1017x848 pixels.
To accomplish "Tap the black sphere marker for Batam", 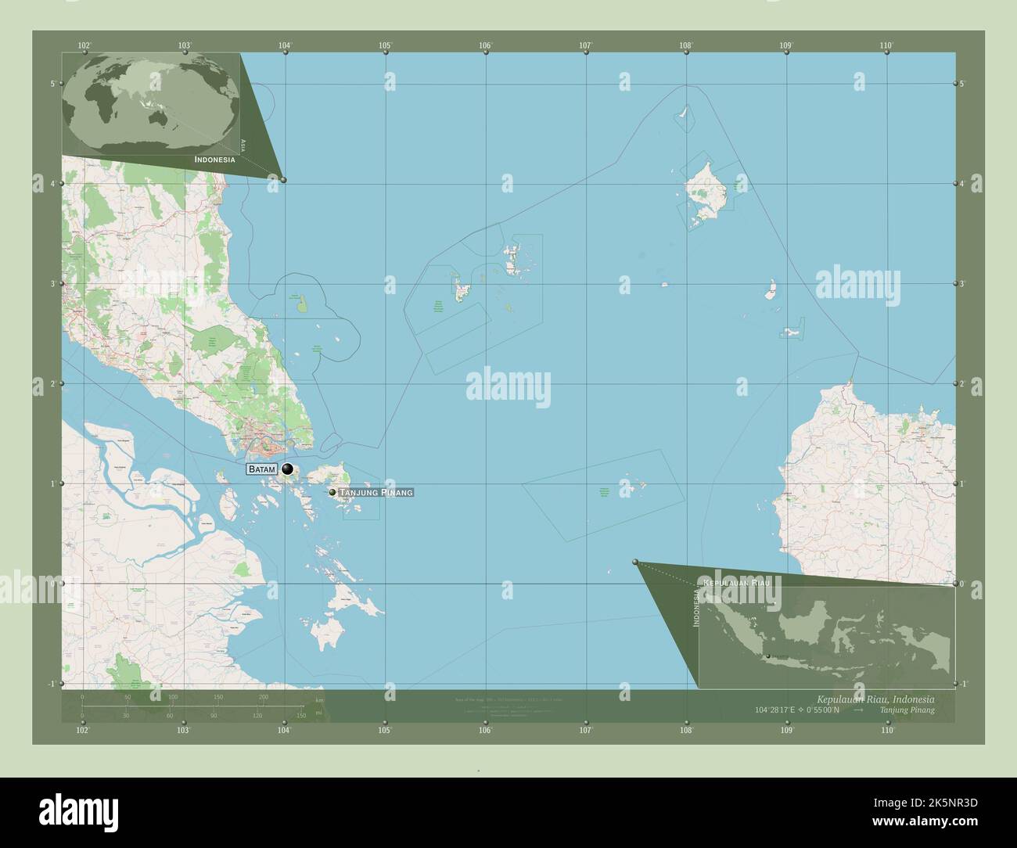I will (x=288, y=469).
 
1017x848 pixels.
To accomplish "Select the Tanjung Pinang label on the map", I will (x=376, y=492).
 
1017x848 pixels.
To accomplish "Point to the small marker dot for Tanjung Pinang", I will (x=332, y=492).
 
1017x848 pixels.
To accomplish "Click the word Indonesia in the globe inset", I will (x=214, y=159).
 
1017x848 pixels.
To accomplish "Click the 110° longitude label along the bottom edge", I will (x=886, y=730).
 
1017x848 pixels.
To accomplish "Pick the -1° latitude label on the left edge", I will (x=52, y=684).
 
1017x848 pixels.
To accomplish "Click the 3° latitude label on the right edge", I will (x=962, y=284).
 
